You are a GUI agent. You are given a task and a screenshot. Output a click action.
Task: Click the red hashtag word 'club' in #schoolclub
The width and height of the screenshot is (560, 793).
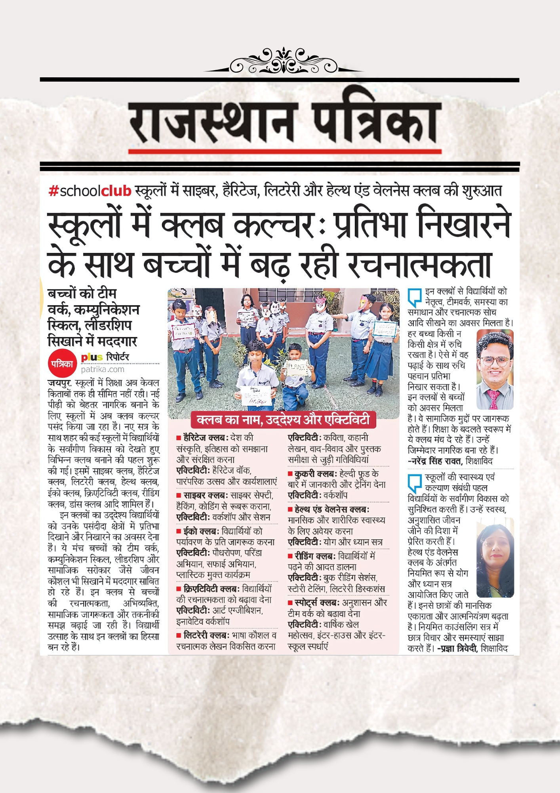[x=116, y=191]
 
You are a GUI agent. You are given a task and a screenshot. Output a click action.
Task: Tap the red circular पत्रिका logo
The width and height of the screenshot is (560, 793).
[x=62, y=363]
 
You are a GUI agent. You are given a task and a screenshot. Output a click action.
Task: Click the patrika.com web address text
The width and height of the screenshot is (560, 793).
[x=103, y=370]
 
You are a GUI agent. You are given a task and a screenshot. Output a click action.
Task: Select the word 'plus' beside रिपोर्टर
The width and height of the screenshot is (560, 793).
[x=91, y=357]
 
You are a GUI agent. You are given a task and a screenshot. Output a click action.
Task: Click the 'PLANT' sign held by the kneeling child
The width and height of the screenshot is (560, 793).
[x=297, y=367]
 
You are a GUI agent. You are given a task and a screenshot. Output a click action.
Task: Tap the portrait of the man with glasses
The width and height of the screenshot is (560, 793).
[x=495, y=370]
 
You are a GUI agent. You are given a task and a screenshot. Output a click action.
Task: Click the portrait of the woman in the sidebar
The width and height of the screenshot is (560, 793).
[x=495, y=557]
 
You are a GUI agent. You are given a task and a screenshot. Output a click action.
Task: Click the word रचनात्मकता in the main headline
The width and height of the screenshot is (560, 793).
[x=419, y=264]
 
